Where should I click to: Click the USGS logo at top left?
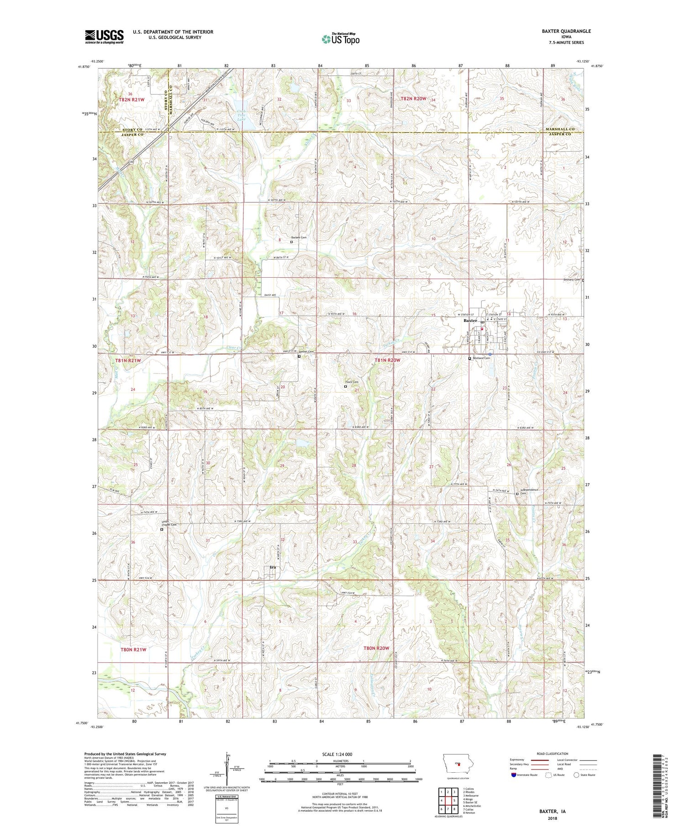tap(104, 37)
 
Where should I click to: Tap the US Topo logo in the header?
tap(340, 39)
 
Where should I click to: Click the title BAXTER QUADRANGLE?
tap(564, 31)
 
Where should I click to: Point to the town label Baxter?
tap(470, 321)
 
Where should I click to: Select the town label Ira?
tap(273, 567)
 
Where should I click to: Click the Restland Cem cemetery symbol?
tap(470, 359)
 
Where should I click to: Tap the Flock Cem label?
tap(352, 382)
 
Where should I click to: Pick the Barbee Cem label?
tap(299, 237)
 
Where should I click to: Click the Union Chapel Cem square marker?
tap(162, 530)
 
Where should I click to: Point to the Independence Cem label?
tap(530, 491)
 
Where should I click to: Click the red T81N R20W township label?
tap(387, 360)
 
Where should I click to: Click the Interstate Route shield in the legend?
tap(514, 775)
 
